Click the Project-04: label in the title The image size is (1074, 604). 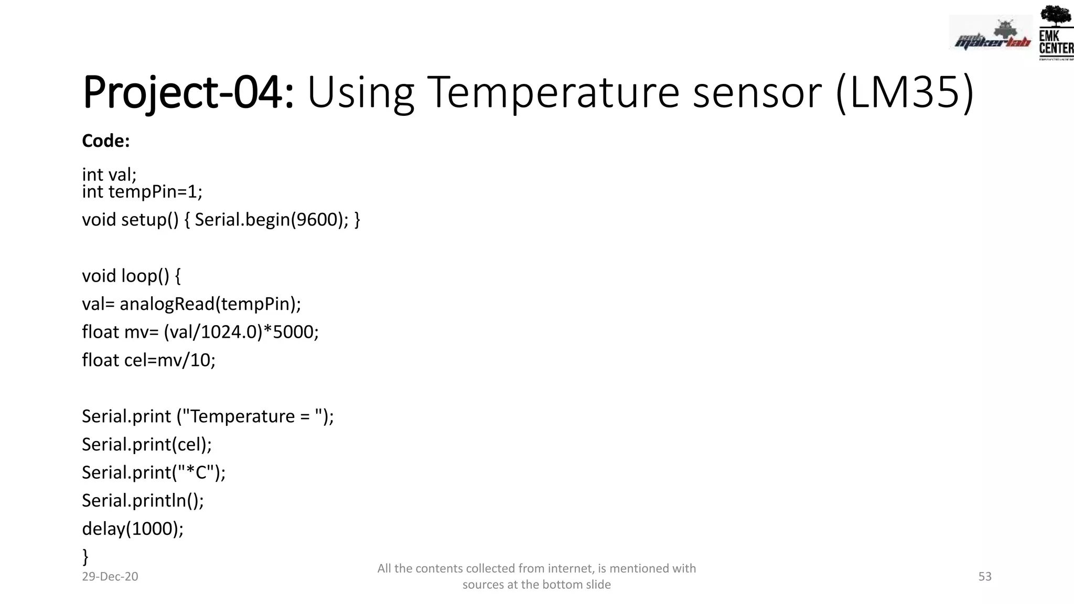click(188, 93)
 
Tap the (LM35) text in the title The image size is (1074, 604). click(905, 93)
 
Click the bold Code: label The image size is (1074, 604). click(105, 141)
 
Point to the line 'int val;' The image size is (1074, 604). click(109, 174)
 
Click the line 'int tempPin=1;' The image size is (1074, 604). click(142, 192)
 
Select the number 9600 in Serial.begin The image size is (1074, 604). click(317, 219)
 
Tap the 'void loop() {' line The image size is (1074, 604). click(131, 276)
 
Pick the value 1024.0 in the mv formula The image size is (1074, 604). click(229, 332)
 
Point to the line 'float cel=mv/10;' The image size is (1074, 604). click(148, 360)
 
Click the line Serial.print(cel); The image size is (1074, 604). click(147, 445)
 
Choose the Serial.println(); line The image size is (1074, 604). click(143, 501)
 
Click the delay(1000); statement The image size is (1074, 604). click(133, 528)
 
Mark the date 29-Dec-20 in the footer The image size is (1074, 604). click(110, 576)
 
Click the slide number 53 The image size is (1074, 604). click(985, 576)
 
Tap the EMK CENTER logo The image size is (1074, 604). click(1055, 33)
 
